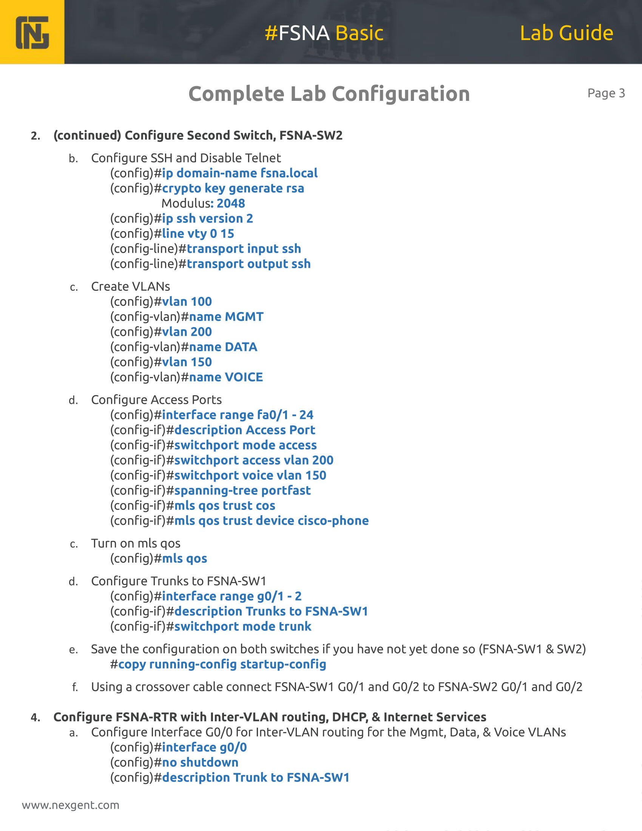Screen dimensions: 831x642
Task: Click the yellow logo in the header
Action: (32, 32)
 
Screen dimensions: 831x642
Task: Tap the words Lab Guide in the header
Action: (566, 33)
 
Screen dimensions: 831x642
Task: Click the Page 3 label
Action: (606, 93)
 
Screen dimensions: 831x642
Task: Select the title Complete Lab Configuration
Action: (329, 94)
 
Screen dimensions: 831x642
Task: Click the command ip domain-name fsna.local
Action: (239, 173)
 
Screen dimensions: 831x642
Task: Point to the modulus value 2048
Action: (231, 204)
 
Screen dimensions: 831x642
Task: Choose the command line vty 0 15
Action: (198, 233)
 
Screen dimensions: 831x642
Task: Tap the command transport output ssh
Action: (249, 264)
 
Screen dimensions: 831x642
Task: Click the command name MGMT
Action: (226, 317)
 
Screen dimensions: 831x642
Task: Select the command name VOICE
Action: (226, 377)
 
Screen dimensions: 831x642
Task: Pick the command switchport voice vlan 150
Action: (250, 476)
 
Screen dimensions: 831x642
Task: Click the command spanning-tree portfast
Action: (243, 491)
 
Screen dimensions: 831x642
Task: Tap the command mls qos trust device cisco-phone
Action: (272, 521)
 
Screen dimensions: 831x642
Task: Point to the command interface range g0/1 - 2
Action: (231, 596)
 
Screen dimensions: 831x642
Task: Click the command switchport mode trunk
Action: (243, 627)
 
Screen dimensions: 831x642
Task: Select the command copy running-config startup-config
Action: (222, 664)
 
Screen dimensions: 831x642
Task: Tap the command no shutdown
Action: (200, 763)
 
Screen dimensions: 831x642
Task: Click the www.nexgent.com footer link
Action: (71, 805)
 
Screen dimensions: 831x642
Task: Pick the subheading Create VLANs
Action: (130, 287)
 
